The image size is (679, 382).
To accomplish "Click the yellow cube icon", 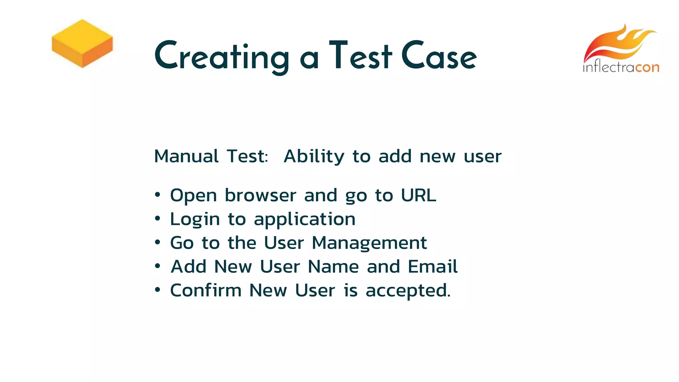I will click(x=82, y=43).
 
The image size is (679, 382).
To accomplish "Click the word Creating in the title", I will click(x=221, y=56).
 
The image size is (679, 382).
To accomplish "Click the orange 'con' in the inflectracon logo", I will click(x=647, y=67).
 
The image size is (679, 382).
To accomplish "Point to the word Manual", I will click(x=186, y=156).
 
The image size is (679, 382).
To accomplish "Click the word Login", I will click(x=195, y=220).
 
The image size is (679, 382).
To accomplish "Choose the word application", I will click(x=304, y=220).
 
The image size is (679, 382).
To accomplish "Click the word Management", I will click(x=369, y=243).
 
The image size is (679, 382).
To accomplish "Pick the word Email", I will click(x=432, y=267).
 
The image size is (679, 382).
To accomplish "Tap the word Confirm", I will click(x=206, y=290).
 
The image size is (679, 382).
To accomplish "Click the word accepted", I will click(x=407, y=291).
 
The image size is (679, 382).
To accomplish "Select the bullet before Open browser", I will click(x=157, y=195).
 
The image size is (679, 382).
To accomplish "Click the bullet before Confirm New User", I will click(x=157, y=290).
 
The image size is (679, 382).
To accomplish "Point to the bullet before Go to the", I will click(x=157, y=242).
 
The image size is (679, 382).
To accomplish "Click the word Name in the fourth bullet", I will click(x=333, y=267).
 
